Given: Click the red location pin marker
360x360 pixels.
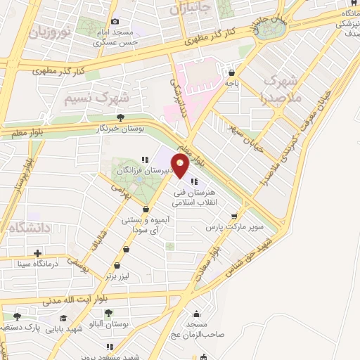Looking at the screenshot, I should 180,167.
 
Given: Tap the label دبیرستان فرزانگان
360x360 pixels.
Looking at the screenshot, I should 141,171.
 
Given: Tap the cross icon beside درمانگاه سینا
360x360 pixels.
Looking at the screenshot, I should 38,253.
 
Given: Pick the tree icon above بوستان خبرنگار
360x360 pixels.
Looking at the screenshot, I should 122,117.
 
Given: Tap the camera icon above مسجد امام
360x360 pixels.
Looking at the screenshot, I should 115,21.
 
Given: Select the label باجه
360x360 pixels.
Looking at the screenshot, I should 232,83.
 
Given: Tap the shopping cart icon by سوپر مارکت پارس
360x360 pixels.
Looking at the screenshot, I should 243,216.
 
